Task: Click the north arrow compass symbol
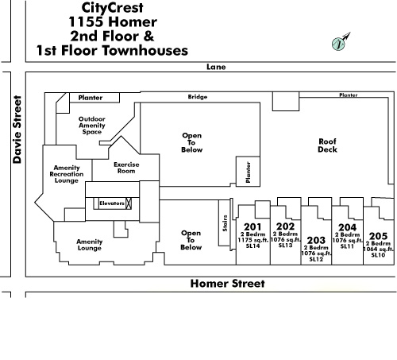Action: click(341, 42)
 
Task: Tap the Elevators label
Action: click(112, 203)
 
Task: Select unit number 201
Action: click(252, 226)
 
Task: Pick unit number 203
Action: click(316, 240)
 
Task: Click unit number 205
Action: click(378, 236)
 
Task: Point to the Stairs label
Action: click(225, 223)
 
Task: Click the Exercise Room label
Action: click(126, 168)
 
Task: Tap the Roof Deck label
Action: click(327, 145)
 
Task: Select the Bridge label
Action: click(198, 97)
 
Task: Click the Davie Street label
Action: click(17, 130)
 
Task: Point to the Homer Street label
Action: click(228, 284)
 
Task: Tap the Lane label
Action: click(216, 67)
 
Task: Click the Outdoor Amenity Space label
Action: click(92, 126)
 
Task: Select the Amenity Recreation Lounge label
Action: click(67, 174)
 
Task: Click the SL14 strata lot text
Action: click(252, 246)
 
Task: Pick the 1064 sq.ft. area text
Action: click(378, 249)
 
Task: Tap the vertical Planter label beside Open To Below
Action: click(248, 172)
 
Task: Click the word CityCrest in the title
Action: click(112, 8)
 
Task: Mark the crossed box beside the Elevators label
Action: click(129, 203)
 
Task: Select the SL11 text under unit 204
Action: click(347, 246)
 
